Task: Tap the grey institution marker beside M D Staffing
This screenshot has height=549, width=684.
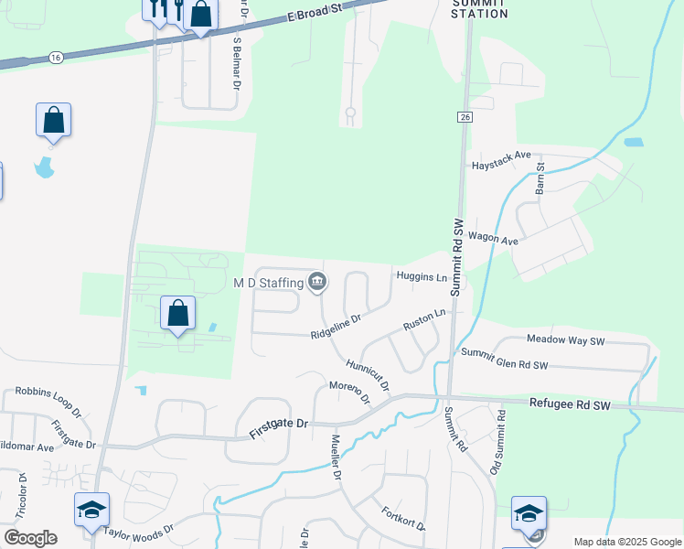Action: click(x=316, y=280)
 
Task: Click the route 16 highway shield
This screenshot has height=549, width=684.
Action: click(x=57, y=57)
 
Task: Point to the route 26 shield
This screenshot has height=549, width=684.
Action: click(x=464, y=117)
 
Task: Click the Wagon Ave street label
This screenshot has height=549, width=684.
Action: click(x=493, y=240)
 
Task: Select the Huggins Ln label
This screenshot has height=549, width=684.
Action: click(x=422, y=276)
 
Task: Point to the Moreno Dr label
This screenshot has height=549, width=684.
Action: click(x=349, y=392)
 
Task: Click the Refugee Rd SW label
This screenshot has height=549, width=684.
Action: click(x=570, y=404)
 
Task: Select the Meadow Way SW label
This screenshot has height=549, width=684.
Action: click(x=566, y=339)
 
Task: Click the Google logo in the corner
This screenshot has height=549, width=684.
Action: click(x=30, y=538)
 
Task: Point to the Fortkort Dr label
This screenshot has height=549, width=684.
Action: click(x=403, y=519)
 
